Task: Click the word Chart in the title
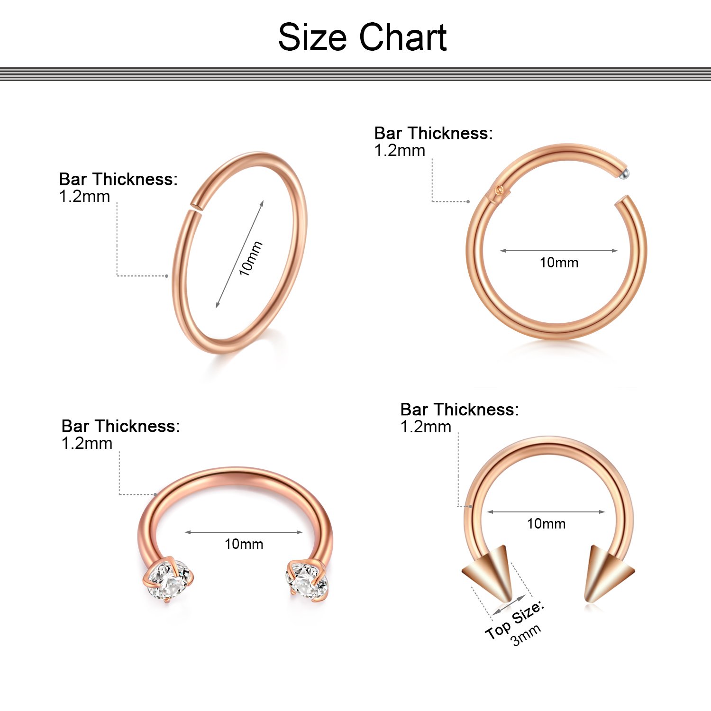402,37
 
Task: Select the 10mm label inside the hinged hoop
559,263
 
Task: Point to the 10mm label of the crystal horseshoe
244,544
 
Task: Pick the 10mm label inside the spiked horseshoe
546,524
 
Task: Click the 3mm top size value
526,635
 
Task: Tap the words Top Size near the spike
514,619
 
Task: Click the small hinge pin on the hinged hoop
497,190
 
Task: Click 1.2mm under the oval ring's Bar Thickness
84,197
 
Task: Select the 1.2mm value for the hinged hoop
400,151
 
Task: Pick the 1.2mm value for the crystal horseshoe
87,444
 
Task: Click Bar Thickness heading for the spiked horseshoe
459,410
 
